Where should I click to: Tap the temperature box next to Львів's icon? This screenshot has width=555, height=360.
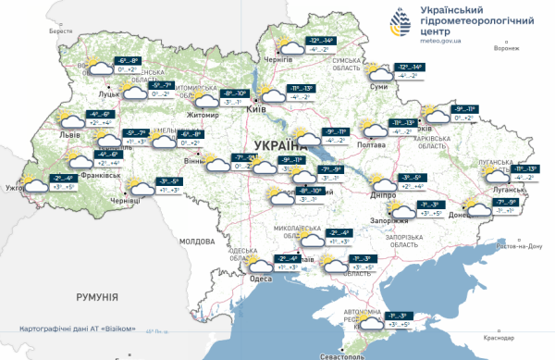tap(100, 118)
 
